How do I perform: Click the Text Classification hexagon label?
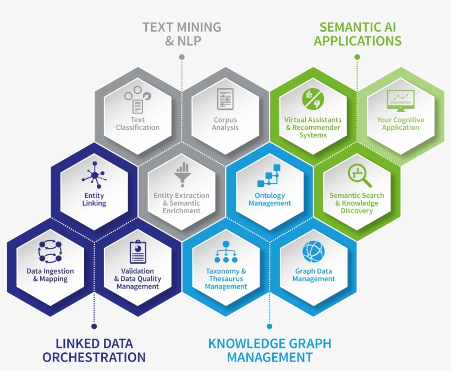coord(137,124)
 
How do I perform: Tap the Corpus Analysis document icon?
coord(225,99)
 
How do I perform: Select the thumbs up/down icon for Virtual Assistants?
coord(313,99)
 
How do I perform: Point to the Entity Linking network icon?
coord(94,175)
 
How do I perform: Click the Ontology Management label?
coord(270,199)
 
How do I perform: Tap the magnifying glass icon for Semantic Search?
coord(359,175)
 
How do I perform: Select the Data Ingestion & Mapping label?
coord(51,275)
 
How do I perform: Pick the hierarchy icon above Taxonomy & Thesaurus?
coord(226,252)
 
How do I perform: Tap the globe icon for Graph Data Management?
coord(313,251)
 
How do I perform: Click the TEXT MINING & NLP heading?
coord(182,34)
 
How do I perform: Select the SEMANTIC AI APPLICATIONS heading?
coord(358,34)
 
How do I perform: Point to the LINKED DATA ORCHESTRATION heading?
coord(94,350)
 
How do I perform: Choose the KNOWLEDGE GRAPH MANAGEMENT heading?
coord(270,350)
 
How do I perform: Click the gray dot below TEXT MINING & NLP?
coord(182,57)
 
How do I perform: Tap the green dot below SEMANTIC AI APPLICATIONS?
coord(358,57)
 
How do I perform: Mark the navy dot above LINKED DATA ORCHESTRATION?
coord(94,326)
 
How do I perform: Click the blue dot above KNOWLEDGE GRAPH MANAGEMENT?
coord(269,326)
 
